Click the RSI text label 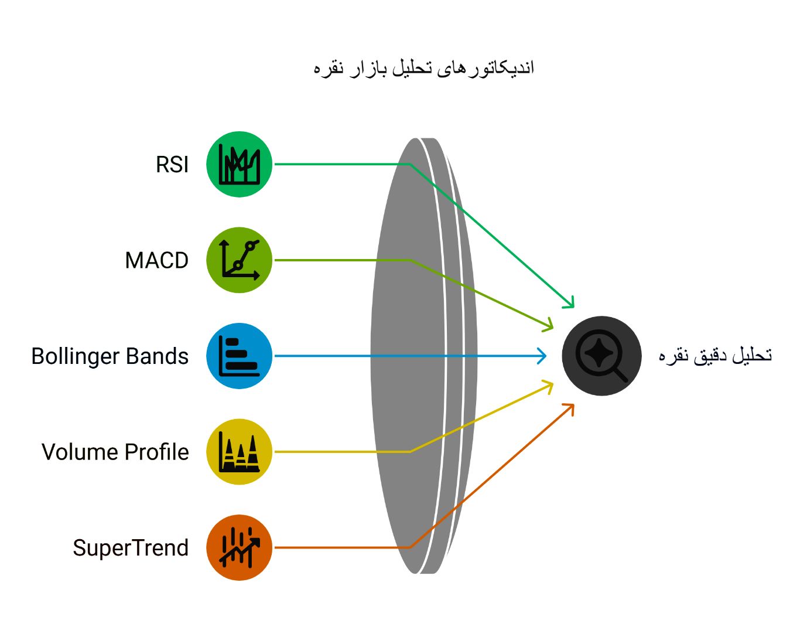tap(172, 165)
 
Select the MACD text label tap(157, 260)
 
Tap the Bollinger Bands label tap(110, 356)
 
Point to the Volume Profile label tap(115, 452)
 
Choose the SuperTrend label tap(131, 548)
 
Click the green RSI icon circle tap(240, 164)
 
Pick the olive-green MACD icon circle tap(240, 260)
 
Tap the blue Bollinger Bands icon tap(240, 356)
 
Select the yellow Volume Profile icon tap(240, 452)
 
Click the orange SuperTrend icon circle tap(240, 547)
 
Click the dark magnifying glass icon tap(601, 356)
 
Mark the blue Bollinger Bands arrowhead tap(543, 356)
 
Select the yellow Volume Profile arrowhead tap(549, 384)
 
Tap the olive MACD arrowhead tap(549, 325)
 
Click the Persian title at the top tap(423, 68)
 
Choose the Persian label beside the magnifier tap(715, 355)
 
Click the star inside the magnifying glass tap(598, 353)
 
